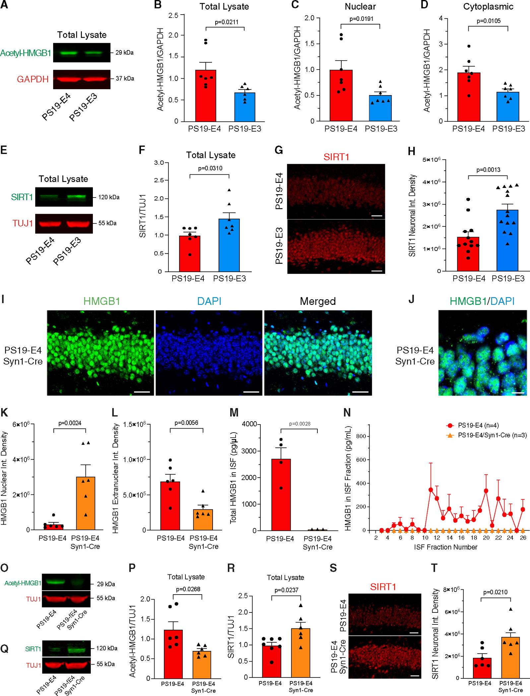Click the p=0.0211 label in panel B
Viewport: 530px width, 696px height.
227,22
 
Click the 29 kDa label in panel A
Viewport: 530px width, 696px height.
124,52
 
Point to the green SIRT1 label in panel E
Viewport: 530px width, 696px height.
22,197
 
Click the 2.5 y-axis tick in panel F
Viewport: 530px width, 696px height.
159,180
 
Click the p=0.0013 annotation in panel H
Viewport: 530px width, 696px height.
488,170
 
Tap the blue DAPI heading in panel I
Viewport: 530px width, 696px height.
209,301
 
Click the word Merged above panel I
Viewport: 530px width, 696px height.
318,301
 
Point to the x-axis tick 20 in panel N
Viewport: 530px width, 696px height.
486,538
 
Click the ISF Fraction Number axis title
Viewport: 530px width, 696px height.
445,547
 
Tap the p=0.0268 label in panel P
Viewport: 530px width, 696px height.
188,589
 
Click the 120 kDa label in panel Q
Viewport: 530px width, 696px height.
107,648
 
